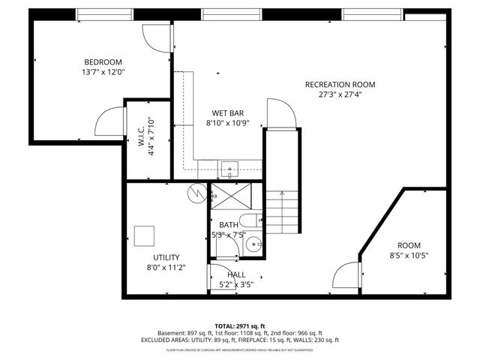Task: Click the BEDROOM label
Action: click(x=102, y=62)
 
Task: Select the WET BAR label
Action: click(x=225, y=112)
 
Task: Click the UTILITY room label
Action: click(x=166, y=257)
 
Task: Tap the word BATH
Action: click(x=228, y=225)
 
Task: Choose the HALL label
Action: click(x=236, y=275)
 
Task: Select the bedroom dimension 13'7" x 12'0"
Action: click(x=102, y=73)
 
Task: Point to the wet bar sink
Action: click(x=229, y=166)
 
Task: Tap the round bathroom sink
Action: click(x=255, y=244)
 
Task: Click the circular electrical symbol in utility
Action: click(x=196, y=193)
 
